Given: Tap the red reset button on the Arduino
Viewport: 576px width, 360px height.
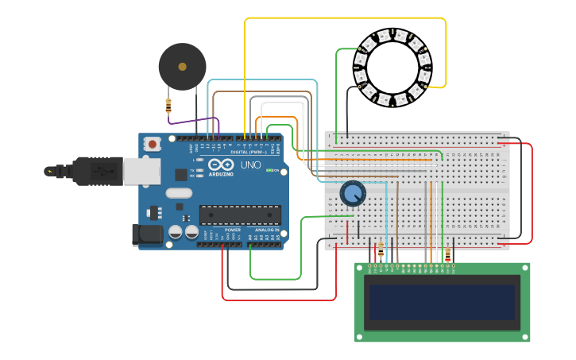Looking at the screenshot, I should (152, 144).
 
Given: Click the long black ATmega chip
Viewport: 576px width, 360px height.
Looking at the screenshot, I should (240, 215).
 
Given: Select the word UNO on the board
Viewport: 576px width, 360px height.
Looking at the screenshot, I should (250, 165).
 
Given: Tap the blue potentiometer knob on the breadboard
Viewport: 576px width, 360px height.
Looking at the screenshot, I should (352, 193).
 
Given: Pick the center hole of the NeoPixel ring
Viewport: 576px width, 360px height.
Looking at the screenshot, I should (392, 68).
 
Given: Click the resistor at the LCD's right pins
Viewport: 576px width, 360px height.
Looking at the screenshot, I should (447, 255).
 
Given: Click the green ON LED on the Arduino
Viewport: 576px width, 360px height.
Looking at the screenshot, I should (269, 170).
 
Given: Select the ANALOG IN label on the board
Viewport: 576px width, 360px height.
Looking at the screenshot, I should (265, 230).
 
